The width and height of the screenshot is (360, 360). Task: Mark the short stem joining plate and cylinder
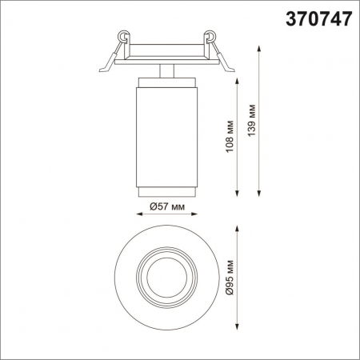[166, 70]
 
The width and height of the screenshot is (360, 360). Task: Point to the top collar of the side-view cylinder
[166, 82]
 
